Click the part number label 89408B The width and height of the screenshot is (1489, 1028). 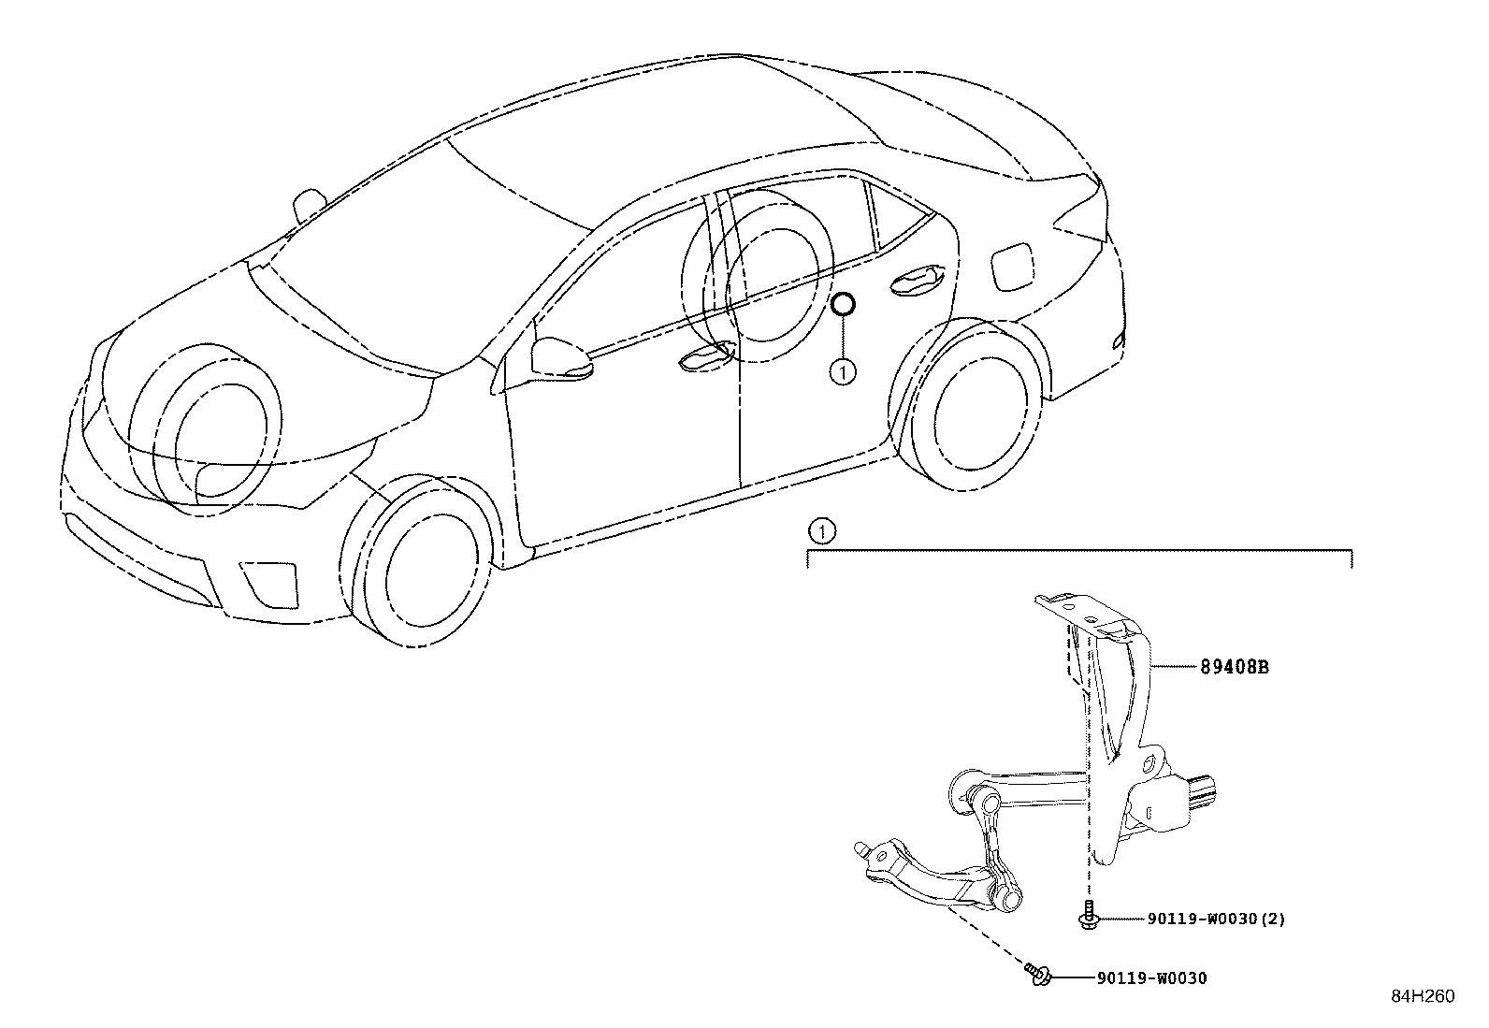pyautogui.click(x=1234, y=667)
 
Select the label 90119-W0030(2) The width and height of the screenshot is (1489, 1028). pyautogui.click(x=1216, y=919)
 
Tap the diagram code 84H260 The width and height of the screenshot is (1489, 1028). pyautogui.click(x=1423, y=996)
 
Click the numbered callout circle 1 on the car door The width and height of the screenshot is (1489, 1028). pyautogui.click(x=843, y=372)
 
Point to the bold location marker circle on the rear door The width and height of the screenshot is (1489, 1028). pyautogui.click(x=844, y=305)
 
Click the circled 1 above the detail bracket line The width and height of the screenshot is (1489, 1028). pyautogui.click(x=821, y=531)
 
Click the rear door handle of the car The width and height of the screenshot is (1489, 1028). pyautogui.click(x=917, y=282)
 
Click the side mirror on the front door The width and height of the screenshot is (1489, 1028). pyautogui.click(x=560, y=358)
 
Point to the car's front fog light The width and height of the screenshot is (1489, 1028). pyautogui.click(x=267, y=585)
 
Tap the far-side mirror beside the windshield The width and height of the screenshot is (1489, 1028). pyautogui.click(x=309, y=205)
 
